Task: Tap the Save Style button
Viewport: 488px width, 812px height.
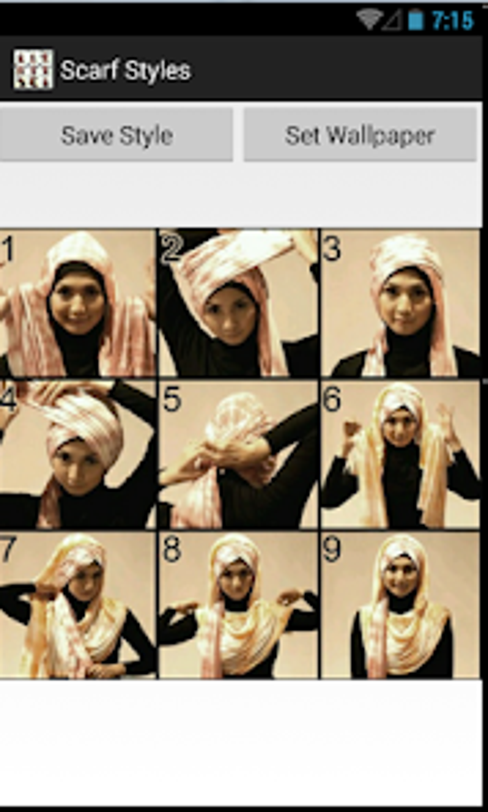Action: [116, 135]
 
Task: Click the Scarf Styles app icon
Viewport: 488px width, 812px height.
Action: [33, 69]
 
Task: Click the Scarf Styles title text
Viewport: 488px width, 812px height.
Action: [125, 70]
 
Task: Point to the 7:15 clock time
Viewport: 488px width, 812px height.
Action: [453, 20]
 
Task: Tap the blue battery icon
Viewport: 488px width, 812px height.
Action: [415, 20]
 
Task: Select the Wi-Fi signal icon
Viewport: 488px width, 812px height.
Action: [369, 19]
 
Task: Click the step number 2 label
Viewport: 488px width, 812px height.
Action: [171, 248]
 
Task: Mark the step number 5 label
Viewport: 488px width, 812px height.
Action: [172, 399]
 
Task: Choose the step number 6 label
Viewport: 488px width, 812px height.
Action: [332, 399]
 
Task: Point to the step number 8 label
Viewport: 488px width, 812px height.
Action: [172, 549]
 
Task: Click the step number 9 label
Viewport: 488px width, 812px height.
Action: [332, 549]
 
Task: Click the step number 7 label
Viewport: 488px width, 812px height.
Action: [9, 549]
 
